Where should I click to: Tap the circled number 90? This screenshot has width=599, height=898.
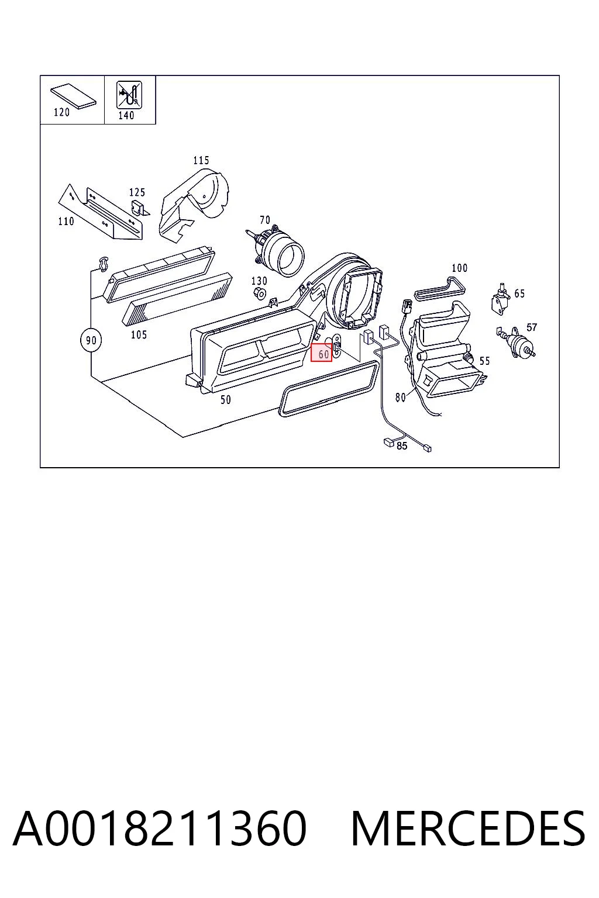(x=91, y=340)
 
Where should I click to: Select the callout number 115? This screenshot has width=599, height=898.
(x=201, y=161)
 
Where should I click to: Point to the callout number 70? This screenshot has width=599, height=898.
(x=265, y=220)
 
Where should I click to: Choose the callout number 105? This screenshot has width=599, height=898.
(x=139, y=335)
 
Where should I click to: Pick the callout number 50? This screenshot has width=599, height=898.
(x=225, y=400)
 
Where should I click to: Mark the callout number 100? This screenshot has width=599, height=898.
(x=459, y=268)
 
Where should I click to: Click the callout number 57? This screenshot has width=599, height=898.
(x=532, y=327)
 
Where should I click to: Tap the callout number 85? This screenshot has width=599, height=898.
(x=402, y=445)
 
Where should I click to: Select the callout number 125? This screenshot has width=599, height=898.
(x=137, y=192)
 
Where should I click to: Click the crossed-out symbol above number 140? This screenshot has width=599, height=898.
(x=129, y=95)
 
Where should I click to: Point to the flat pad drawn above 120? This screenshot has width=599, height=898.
(x=73, y=96)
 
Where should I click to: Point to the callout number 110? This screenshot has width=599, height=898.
(x=66, y=222)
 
